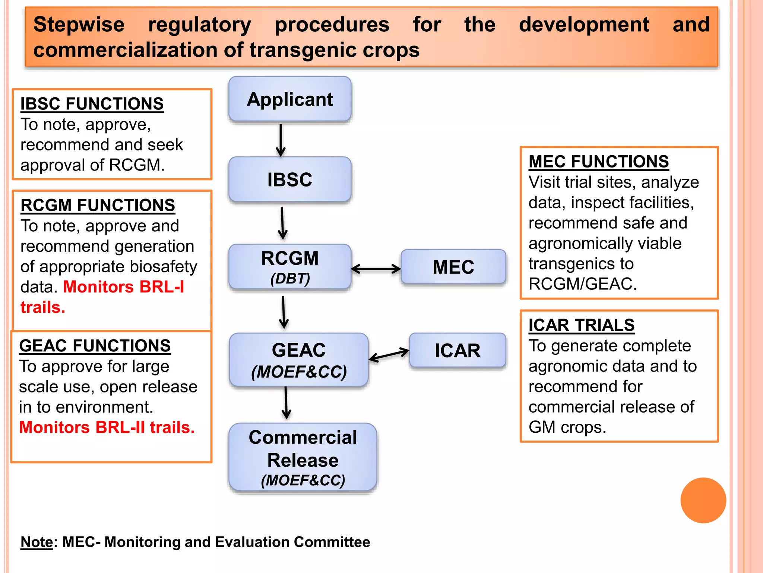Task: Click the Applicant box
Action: (290, 99)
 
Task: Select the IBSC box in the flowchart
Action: (290, 179)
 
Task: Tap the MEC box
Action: (453, 267)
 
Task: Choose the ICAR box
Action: (458, 351)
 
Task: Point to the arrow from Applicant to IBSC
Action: (281, 140)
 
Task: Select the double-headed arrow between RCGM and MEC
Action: (376, 269)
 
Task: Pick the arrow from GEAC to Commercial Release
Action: (286, 403)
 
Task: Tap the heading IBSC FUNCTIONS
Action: (92, 104)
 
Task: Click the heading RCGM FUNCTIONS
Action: (98, 205)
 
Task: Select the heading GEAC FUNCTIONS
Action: (95, 346)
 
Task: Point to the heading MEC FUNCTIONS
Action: (598, 162)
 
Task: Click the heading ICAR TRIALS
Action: (581, 325)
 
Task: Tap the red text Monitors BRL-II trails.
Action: (107, 428)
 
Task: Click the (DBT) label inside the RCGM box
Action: (290, 278)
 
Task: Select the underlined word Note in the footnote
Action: (37, 542)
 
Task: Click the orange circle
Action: (703, 500)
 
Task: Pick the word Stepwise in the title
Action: (79, 25)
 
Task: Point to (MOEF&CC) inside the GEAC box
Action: (299, 372)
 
